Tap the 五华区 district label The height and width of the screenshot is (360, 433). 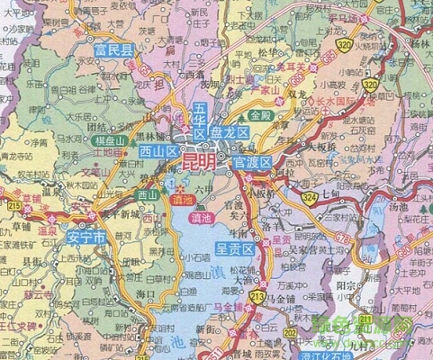200,120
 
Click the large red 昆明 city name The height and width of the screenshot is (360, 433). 200,162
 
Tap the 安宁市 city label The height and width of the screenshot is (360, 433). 86,238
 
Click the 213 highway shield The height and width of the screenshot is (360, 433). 258,298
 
